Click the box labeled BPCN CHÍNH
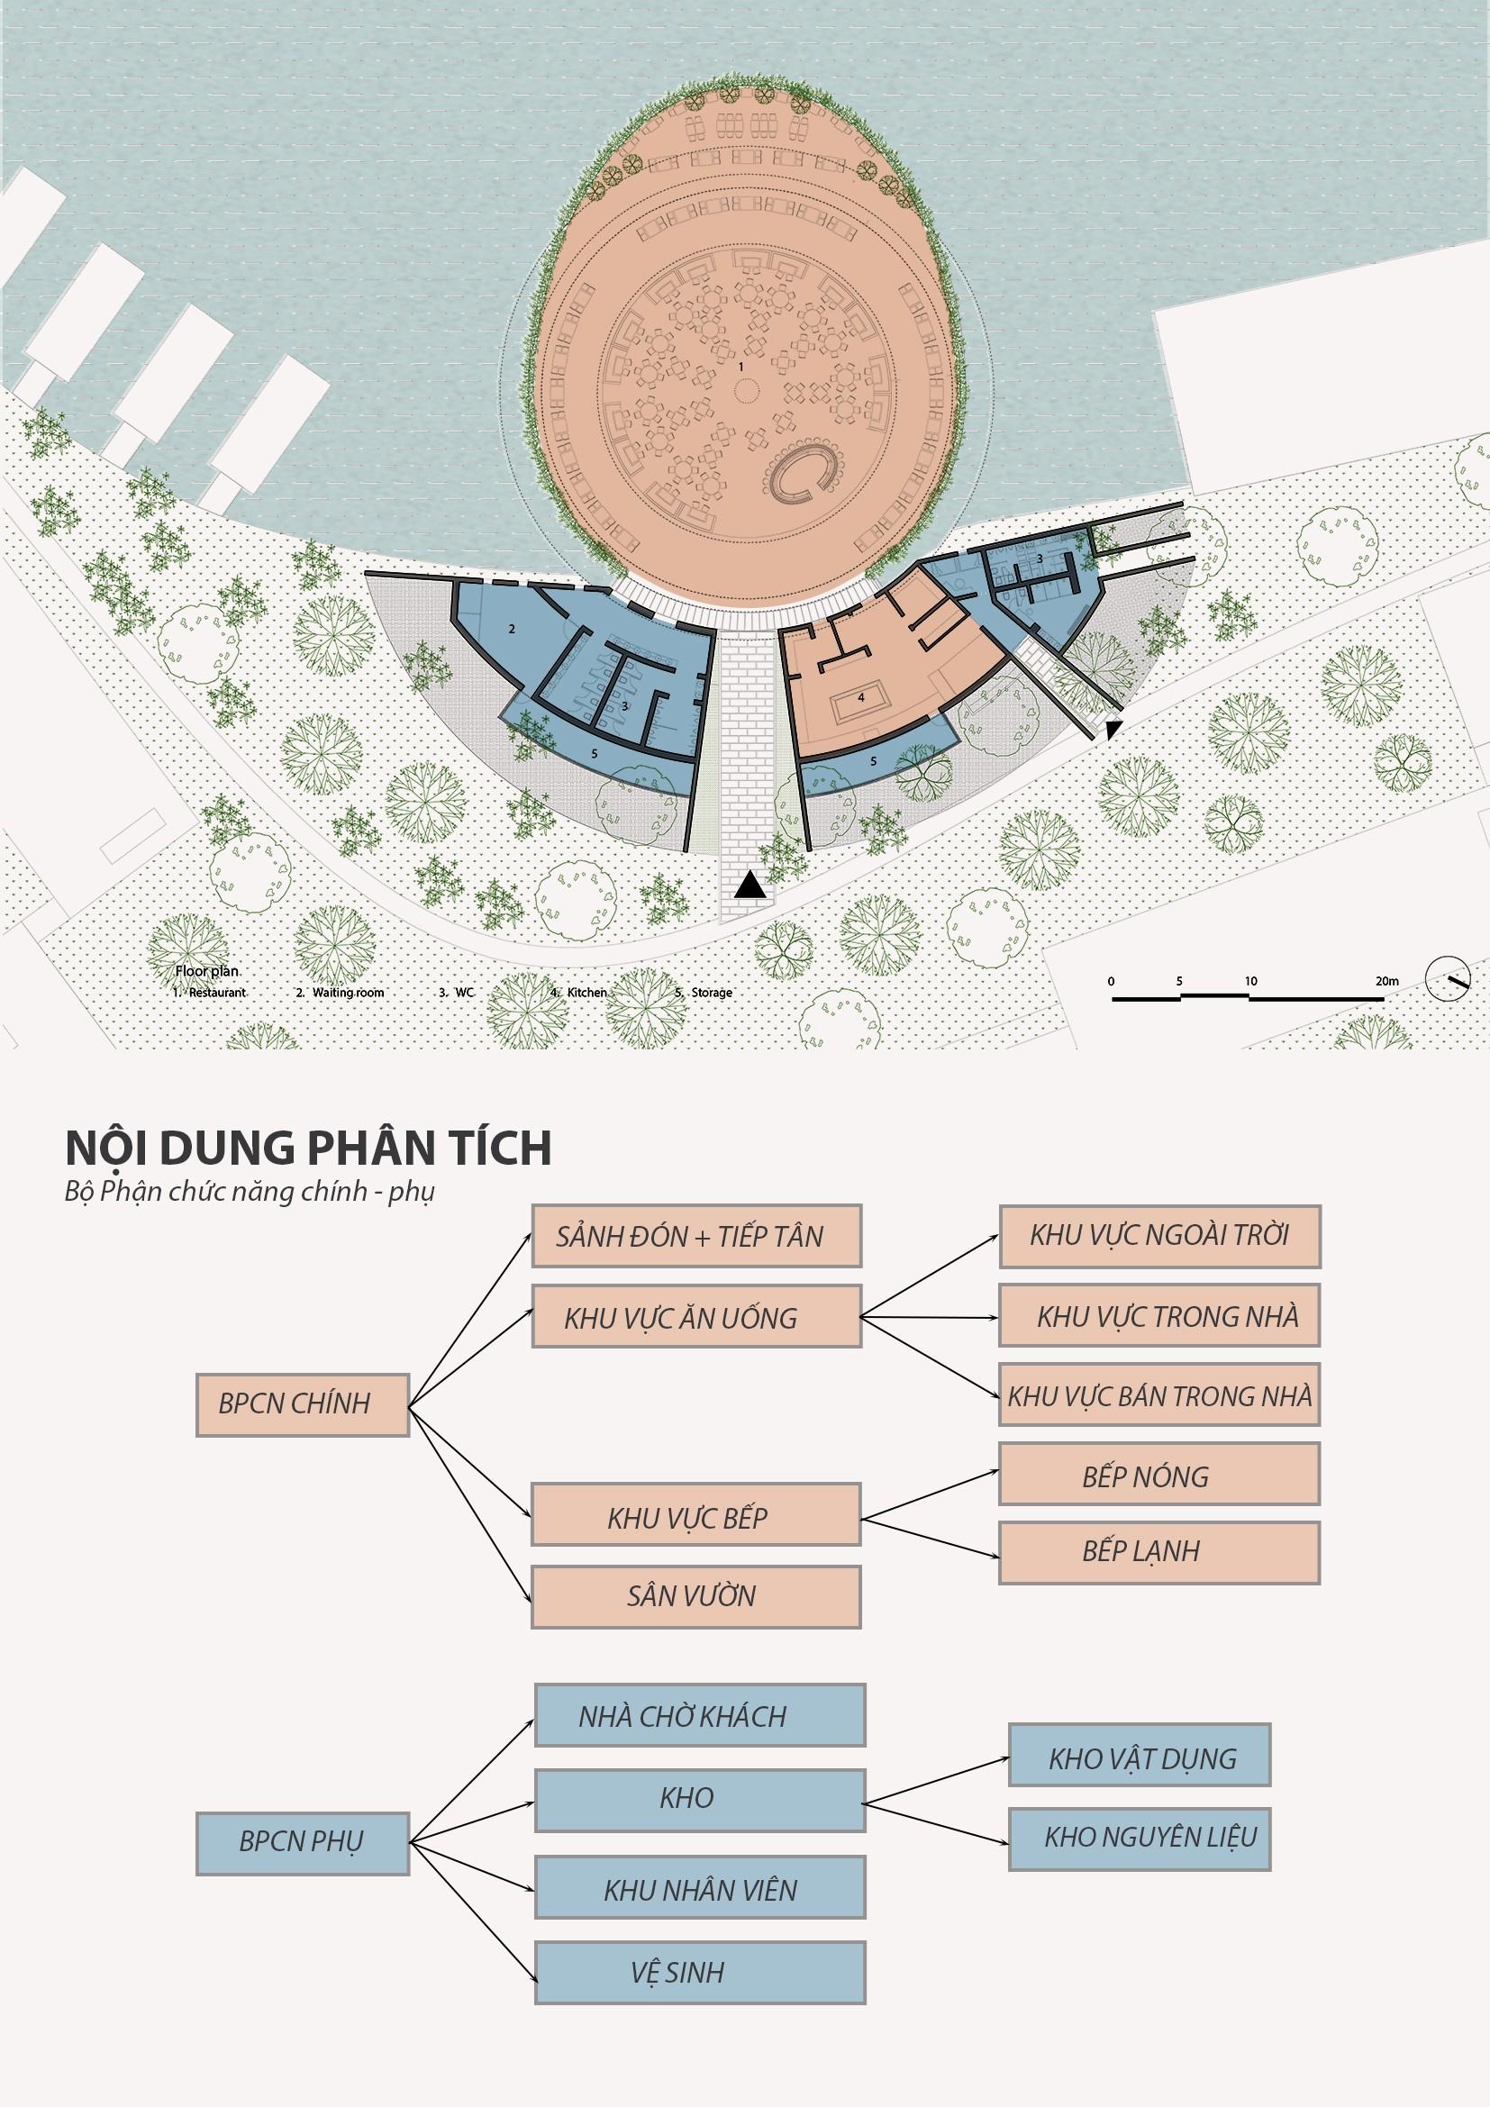tap(302, 1404)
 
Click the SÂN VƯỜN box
tap(696, 1596)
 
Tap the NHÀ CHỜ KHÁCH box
tap(700, 1714)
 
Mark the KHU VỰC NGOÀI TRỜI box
tap(1158, 1236)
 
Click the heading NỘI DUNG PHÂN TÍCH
tap(308, 1148)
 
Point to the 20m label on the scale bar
tap(1386, 981)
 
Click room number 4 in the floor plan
tap(860, 697)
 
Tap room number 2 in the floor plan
tap(512, 629)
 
